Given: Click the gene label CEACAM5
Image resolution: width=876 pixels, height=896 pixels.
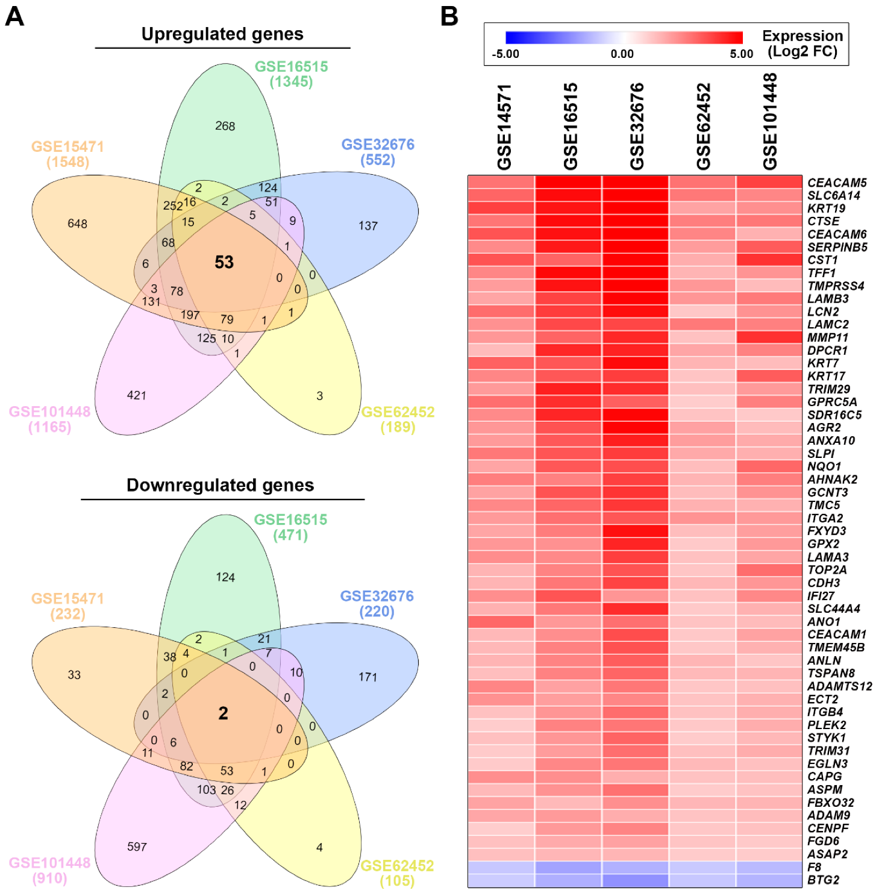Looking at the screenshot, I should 836,183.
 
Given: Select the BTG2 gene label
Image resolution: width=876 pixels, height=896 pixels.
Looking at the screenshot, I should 823,880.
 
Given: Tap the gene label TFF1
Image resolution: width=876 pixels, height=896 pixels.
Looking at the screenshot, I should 821,273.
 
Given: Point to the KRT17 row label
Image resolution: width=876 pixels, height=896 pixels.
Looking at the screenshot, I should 826,376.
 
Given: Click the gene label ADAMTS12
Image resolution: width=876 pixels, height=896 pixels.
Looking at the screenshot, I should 839,686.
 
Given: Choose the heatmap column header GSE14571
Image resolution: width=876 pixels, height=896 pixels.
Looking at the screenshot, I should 504,127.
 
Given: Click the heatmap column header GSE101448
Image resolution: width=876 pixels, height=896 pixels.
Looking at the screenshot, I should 770,122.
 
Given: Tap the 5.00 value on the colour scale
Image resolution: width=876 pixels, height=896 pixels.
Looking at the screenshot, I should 741,54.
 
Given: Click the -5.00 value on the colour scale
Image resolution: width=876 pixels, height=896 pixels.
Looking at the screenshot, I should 505,54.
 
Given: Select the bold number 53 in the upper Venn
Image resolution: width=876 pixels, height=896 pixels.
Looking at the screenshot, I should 224,262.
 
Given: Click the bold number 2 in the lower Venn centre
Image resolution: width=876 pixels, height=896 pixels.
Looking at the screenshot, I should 223,713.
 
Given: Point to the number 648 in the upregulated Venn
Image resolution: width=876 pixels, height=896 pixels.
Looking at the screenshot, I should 77,224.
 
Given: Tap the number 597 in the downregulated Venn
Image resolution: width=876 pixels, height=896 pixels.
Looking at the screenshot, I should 137,847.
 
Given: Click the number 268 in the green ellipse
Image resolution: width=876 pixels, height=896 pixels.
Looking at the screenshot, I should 225,126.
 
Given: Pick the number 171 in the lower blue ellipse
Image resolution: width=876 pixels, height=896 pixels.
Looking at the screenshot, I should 368,677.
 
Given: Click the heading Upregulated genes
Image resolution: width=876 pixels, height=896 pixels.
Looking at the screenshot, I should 222,34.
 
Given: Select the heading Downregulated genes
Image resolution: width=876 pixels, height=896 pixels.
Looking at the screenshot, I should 220,486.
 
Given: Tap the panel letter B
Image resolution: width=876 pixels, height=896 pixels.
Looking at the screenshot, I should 449,16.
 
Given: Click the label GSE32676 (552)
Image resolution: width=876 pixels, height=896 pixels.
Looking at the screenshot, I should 378,152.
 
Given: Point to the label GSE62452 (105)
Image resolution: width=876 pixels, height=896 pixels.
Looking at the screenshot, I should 397,873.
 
